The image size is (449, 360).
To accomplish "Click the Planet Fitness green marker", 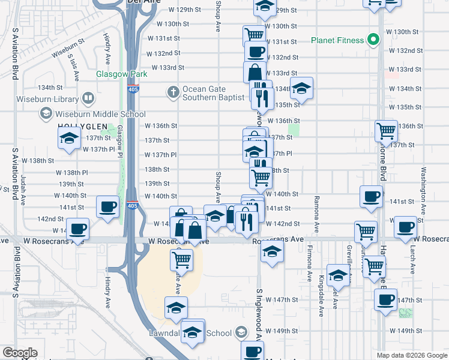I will point(373,40).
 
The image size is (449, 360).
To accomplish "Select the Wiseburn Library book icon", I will point(88,97).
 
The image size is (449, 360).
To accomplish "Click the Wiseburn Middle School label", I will point(100,114).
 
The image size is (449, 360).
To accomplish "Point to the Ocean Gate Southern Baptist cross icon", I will point(173,92).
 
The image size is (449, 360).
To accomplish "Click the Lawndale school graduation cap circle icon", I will point(241,332).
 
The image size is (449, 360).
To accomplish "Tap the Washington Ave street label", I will point(424,190).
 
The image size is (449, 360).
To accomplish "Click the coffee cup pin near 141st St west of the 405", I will point(108,207).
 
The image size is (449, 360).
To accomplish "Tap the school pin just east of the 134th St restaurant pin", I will point(302,88).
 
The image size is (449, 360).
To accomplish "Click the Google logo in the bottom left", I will point(20,353).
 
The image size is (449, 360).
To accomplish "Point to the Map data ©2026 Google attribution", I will point(412,355).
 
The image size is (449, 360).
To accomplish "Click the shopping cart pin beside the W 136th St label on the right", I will point(385,130).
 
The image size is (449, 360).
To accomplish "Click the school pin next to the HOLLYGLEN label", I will point(70,139).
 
